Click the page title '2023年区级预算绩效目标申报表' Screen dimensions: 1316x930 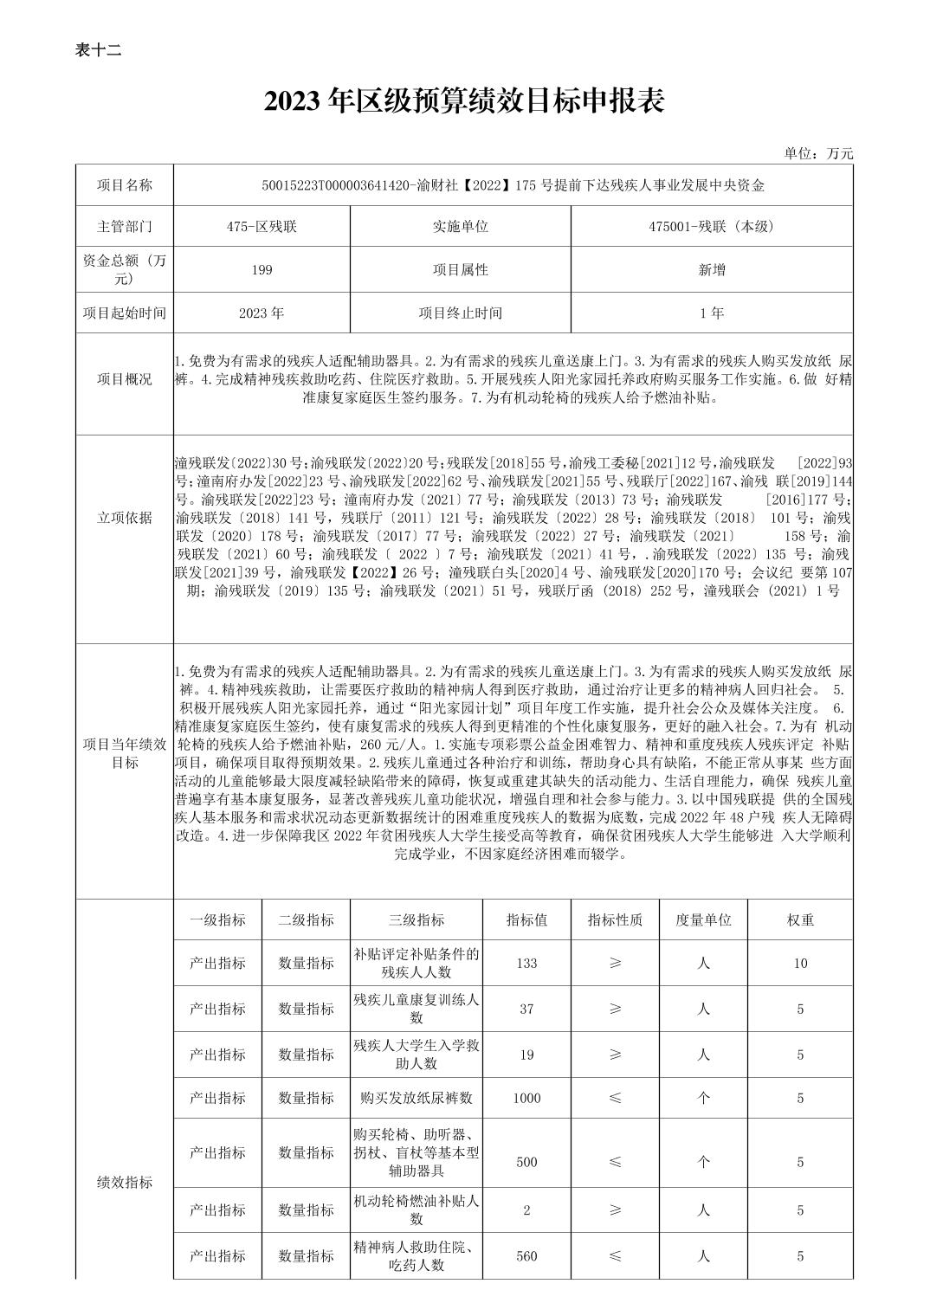click(x=464, y=102)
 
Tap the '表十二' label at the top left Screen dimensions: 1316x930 click(x=98, y=50)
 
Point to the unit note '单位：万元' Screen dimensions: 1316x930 click(x=818, y=153)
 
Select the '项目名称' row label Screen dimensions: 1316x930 click(x=125, y=185)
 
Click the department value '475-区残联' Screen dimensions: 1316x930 click(x=262, y=227)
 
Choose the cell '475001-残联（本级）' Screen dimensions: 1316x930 click(x=712, y=227)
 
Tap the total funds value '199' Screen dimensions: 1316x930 click(x=262, y=270)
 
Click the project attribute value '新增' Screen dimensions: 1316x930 click(x=712, y=270)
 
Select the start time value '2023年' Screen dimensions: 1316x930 click(x=262, y=313)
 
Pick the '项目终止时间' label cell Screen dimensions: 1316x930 click(x=460, y=313)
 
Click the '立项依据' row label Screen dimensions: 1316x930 click(x=125, y=518)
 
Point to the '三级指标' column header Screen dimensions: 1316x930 click(x=417, y=920)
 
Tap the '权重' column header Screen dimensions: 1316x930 click(x=800, y=920)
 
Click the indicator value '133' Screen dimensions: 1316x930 click(x=526, y=963)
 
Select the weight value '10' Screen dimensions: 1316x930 click(x=800, y=963)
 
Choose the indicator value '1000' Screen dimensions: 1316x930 click(x=526, y=1098)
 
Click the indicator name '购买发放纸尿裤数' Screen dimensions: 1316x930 click(x=417, y=1098)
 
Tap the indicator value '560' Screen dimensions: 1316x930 click(x=526, y=1255)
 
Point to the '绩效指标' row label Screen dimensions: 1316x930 click(x=125, y=1182)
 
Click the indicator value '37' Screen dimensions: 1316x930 click(x=526, y=1009)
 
